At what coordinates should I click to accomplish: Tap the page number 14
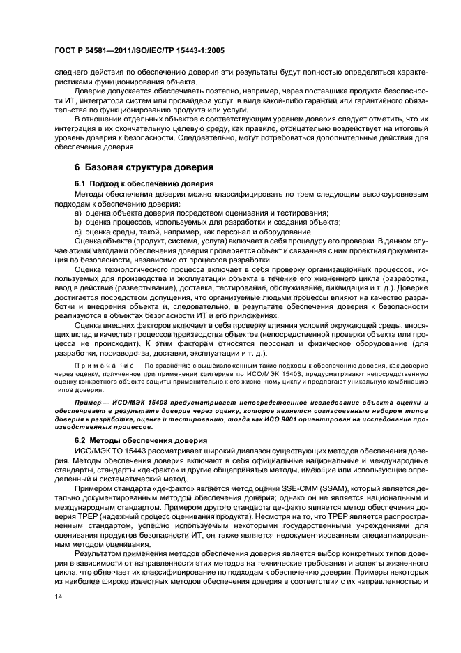(58, 597)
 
